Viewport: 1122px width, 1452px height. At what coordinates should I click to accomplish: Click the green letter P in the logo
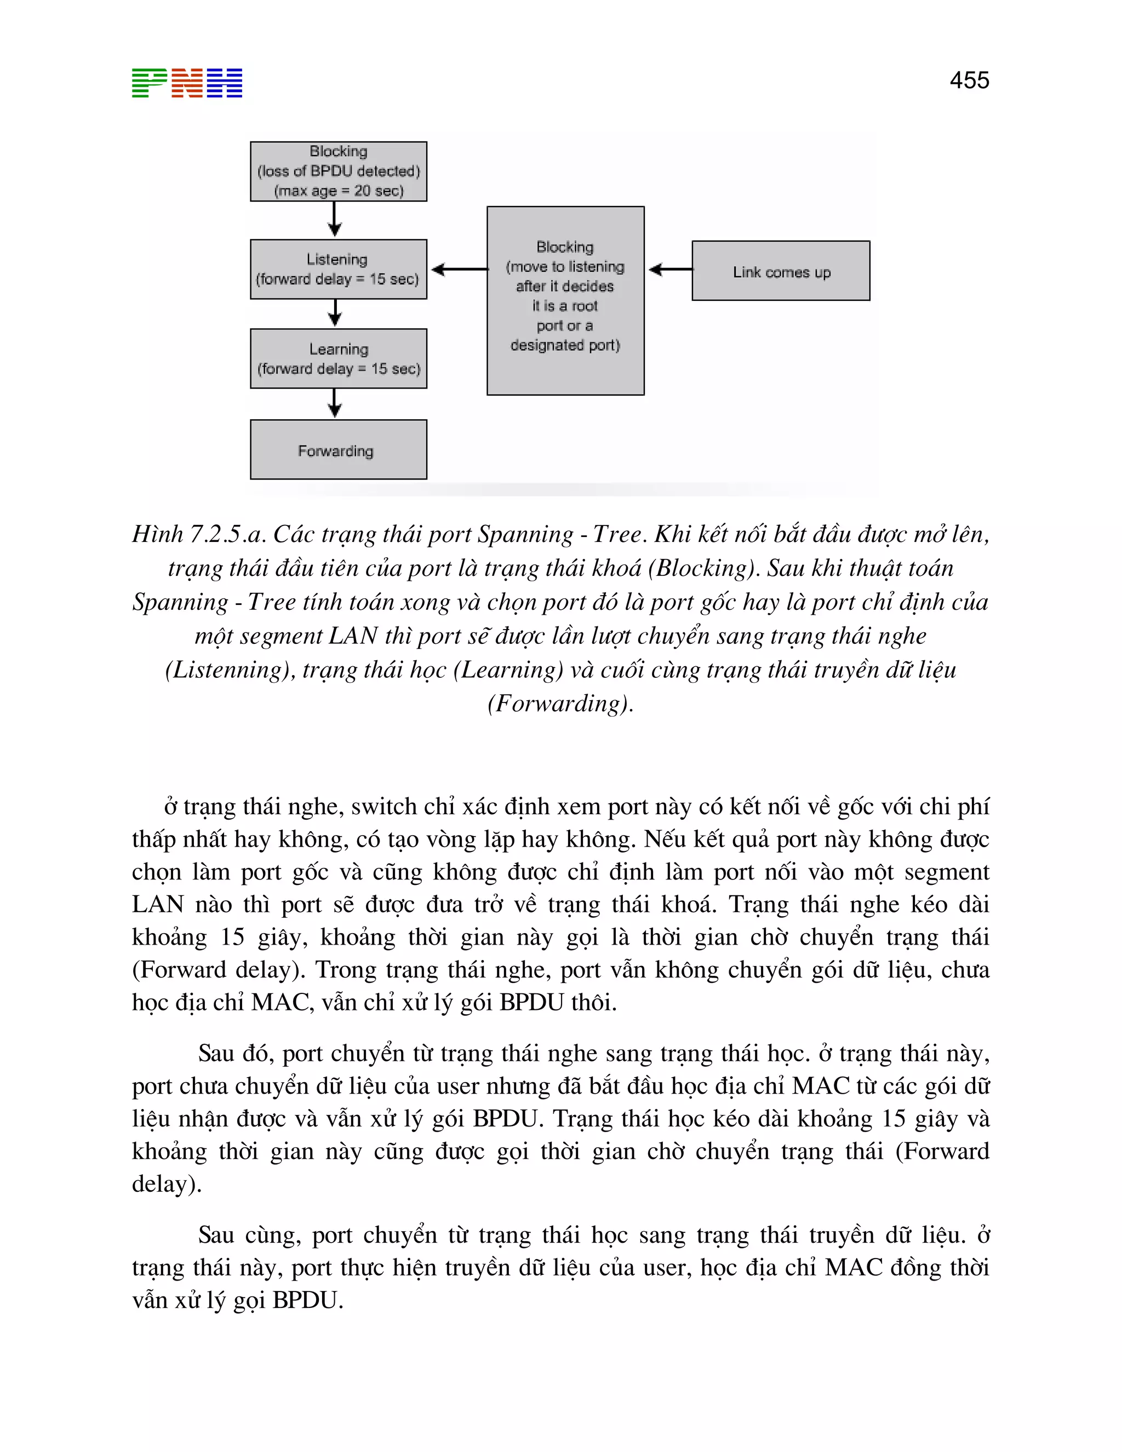click(149, 83)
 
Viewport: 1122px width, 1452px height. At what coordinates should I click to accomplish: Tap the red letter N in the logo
click(187, 83)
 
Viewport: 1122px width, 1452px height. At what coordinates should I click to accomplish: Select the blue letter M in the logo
click(225, 83)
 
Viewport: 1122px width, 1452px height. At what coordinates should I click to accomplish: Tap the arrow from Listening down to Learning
click(335, 313)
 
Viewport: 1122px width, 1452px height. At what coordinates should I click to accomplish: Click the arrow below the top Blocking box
click(335, 219)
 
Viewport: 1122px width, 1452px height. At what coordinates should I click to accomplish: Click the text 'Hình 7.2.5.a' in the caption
click(199, 534)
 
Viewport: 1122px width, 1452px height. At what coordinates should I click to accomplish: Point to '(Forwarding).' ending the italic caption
click(560, 704)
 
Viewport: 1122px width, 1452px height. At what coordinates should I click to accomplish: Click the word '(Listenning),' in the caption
click(230, 670)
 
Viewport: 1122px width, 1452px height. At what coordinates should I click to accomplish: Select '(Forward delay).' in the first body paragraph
click(219, 970)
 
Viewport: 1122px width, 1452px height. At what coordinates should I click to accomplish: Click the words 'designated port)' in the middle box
click(565, 345)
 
